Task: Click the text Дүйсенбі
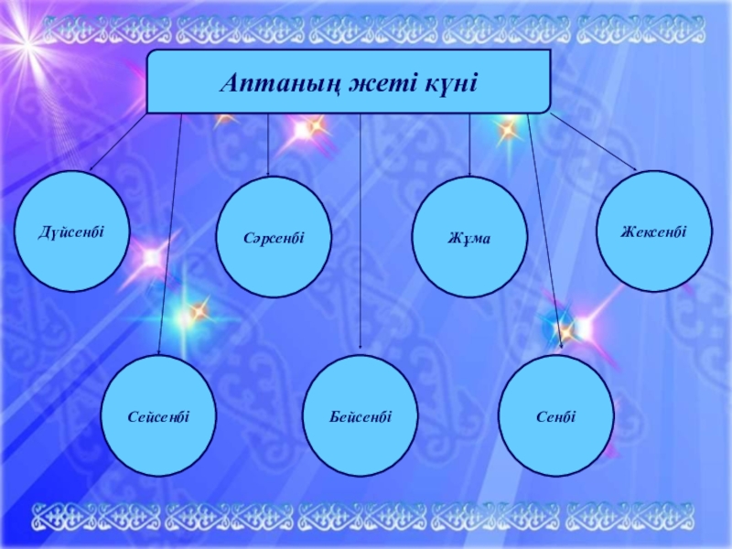71,231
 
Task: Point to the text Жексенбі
653,231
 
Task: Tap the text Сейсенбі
158,416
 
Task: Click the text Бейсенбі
361,416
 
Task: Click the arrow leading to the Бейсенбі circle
360,229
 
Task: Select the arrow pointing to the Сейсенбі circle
170,229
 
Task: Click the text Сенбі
557,416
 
